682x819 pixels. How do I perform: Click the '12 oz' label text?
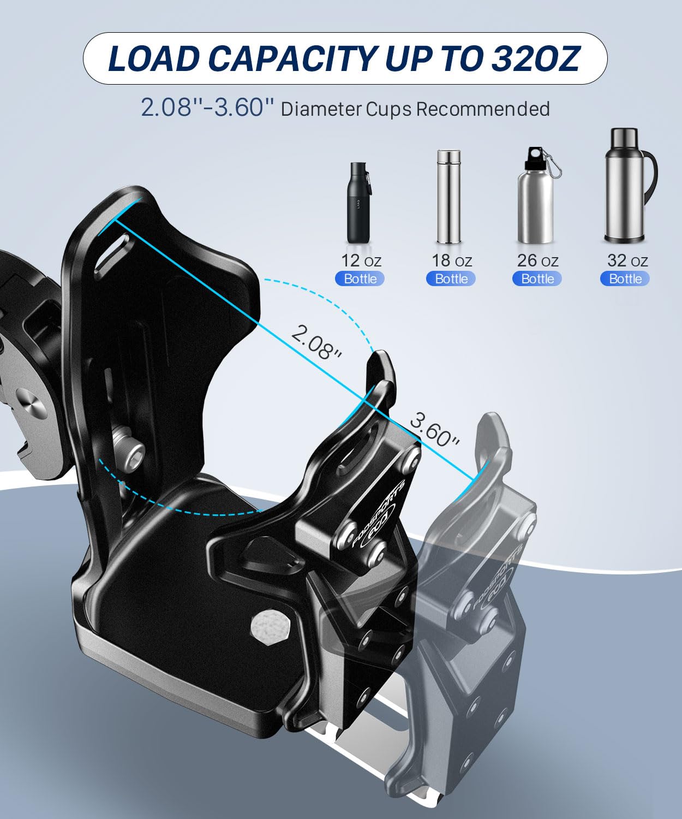point(361,261)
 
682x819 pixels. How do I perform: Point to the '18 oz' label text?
point(451,261)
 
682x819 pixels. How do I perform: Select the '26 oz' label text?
point(537,261)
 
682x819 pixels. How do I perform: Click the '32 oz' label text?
point(627,261)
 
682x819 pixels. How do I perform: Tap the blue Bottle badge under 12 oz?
point(360,279)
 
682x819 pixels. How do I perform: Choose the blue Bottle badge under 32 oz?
point(625,279)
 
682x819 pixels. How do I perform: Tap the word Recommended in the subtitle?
point(483,109)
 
